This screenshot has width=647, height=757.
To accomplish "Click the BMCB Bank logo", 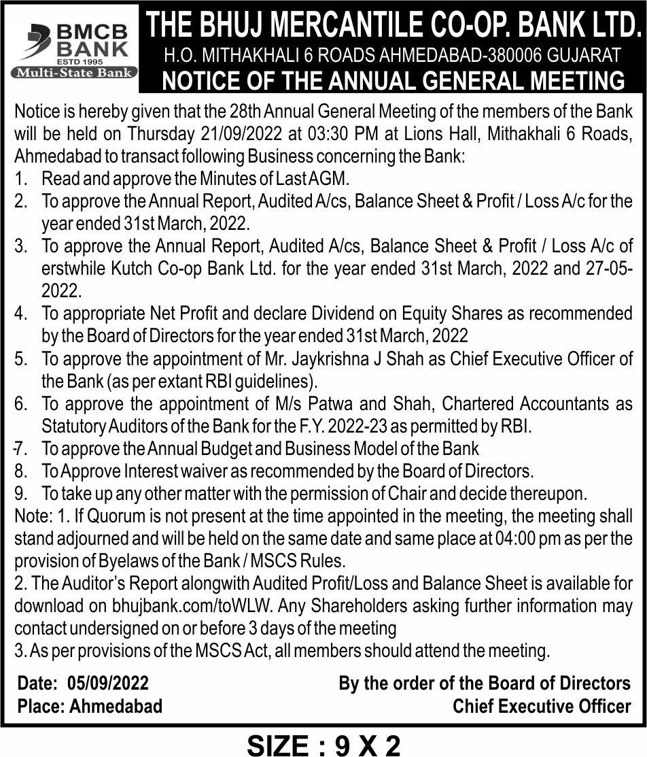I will [73, 41].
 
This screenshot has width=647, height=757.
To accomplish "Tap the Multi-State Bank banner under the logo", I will [73, 72].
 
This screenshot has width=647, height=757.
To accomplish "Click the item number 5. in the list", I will [21, 358].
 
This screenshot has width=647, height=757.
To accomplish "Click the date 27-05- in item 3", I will [610, 268].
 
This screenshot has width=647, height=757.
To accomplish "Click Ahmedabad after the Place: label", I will [116, 706].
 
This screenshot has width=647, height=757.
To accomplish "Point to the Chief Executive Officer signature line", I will [542, 706].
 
